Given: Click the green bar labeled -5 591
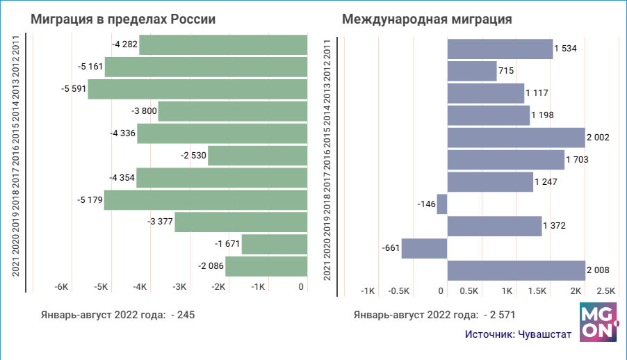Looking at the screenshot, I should (x=197, y=89).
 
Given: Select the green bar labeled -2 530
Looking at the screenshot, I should (x=258, y=156).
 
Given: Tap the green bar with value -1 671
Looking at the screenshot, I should (x=275, y=244).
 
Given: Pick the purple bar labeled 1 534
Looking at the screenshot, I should (x=500, y=49).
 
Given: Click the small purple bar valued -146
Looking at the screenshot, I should (x=442, y=204).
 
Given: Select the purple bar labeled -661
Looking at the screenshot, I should (x=424, y=248).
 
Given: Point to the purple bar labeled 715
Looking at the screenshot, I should (x=472, y=71).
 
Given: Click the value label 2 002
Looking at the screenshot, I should (x=598, y=138).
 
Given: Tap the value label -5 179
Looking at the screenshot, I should (x=90, y=200).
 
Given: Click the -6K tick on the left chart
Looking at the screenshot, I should (x=61, y=287).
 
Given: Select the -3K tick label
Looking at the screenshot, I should (x=180, y=287).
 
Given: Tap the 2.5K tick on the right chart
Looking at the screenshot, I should (x=606, y=290).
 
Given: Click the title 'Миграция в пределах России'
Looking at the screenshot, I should (x=123, y=20).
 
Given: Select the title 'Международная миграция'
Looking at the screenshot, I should (x=427, y=20).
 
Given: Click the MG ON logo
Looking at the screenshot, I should (x=598, y=321).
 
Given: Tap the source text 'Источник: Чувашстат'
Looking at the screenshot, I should (x=519, y=334).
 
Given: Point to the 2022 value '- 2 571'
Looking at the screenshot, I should (x=498, y=315).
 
